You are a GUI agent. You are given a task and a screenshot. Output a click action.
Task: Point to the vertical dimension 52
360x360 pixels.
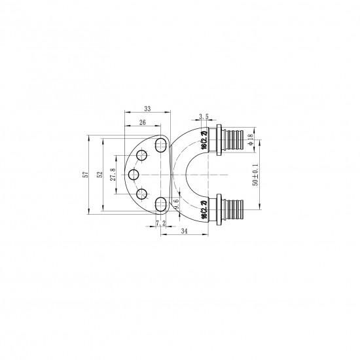100,175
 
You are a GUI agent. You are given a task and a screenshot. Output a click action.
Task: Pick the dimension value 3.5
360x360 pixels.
203,116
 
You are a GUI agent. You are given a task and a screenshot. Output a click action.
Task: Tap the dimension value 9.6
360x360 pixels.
176,206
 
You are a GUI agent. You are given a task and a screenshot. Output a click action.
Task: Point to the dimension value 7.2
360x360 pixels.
160,224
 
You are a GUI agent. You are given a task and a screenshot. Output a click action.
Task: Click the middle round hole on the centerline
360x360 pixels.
133,175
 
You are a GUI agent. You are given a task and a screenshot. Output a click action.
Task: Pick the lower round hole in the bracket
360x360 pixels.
141,194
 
